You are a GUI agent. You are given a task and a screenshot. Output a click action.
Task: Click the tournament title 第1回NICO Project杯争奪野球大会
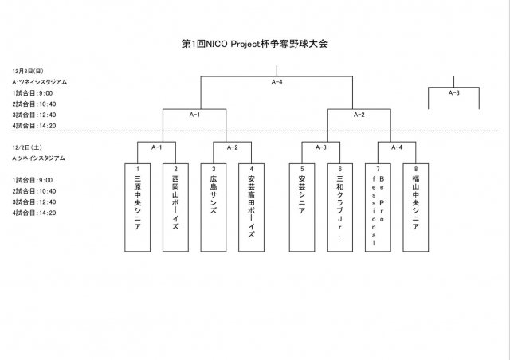255,44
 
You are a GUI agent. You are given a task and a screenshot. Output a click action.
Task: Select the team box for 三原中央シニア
138,207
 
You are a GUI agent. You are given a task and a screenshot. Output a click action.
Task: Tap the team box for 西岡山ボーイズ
175,207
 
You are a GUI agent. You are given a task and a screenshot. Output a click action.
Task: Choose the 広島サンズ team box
214,207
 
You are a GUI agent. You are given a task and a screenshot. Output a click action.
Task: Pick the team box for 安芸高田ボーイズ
251,207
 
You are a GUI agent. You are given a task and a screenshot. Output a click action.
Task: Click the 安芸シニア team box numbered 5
302,207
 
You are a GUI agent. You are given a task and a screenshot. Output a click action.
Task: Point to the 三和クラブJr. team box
339,207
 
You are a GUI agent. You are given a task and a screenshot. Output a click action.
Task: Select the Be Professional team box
378,207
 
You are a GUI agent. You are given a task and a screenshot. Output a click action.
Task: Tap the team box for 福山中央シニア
415,207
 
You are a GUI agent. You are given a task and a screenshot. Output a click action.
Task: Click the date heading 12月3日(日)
28,71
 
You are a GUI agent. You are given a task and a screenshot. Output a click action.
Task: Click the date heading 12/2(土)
27,147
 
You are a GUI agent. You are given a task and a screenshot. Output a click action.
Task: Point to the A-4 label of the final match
277,82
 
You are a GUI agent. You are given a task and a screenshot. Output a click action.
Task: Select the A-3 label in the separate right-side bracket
454,93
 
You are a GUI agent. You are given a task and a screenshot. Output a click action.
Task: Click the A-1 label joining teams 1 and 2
157,147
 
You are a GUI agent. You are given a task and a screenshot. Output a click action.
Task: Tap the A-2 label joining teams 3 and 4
233,147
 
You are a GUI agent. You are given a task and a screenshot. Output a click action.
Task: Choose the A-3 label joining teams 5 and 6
321,147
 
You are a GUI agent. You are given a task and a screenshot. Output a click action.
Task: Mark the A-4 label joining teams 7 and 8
397,147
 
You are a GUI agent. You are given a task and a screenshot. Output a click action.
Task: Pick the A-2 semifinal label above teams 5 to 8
359,115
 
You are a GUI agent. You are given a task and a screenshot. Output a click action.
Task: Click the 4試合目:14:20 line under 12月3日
34,126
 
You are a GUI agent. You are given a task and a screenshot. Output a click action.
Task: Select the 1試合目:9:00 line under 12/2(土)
33,180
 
